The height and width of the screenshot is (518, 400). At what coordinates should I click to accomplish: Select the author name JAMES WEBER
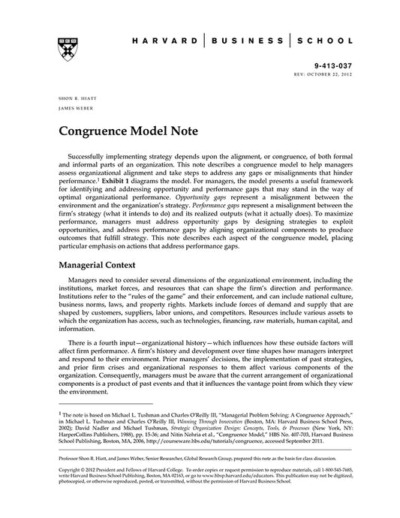point(72,110)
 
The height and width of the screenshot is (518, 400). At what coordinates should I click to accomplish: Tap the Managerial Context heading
point(104,265)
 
